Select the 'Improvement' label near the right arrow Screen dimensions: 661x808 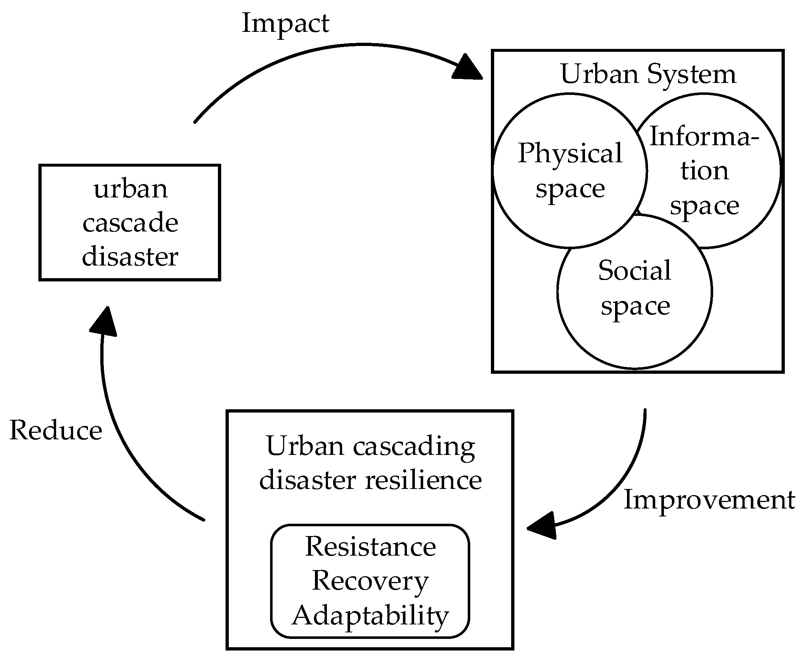click(x=709, y=499)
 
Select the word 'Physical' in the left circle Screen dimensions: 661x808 click(x=570, y=153)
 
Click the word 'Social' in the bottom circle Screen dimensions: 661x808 click(x=635, y=270)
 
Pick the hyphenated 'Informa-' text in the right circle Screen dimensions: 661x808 click(x=704, y=136)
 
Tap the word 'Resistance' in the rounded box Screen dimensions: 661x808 click(x=370, y=547)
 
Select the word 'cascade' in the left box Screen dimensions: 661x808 click(x=130, y=222)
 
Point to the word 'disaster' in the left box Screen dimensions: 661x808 click(x=130, y=256)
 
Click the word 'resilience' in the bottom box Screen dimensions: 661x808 click(x=423, y=480)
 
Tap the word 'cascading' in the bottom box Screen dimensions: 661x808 click(x=414, y=446)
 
